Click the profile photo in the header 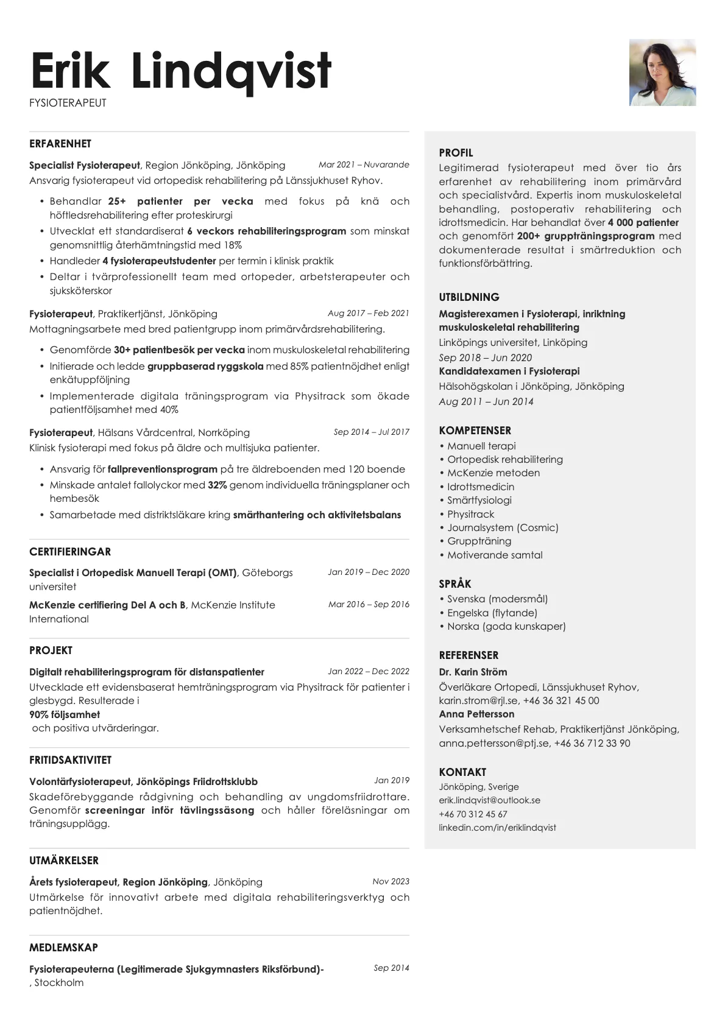(662, 72)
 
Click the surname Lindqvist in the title (231, 71)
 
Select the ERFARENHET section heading (60, 144)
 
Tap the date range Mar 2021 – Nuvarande (364, 164)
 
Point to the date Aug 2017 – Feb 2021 (368, 313)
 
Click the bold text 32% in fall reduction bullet (217, 485)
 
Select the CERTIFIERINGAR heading (70, 552)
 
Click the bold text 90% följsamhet (65, 714)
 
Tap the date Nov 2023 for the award (391, 881)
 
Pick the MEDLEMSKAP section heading (63, 948)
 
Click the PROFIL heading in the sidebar (456, 153)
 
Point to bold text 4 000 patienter (643, 223)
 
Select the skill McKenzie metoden (493, 473)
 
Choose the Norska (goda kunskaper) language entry (506, 626)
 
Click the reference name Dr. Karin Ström (473, 672)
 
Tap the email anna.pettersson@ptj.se (494, 743)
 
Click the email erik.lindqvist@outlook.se (489, 800)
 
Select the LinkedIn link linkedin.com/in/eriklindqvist (497, 828)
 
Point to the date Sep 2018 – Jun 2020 (485, 358)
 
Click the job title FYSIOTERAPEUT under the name (68, 103)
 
